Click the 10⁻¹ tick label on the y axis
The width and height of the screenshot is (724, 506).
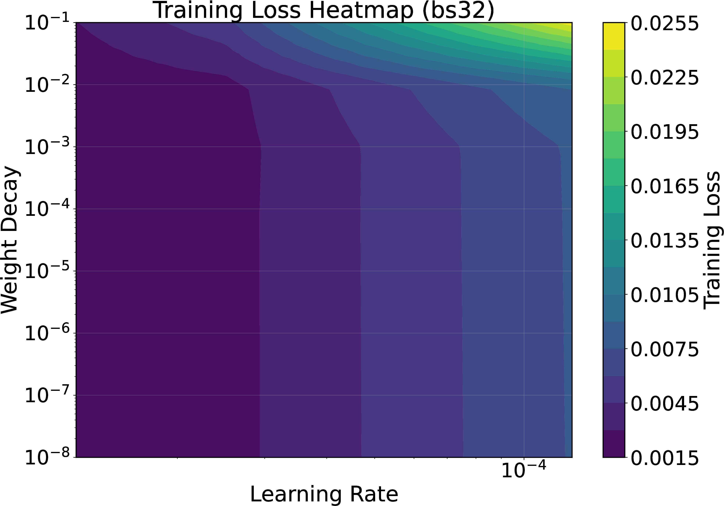(x=48, y=23)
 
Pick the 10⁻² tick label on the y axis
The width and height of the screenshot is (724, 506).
(x=48, y=85)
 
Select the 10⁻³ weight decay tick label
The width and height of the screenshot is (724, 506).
(x=48, y=147)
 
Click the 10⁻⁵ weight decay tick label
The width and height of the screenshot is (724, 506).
(x=48, y=271)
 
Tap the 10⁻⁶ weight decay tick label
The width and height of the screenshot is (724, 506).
(x=48, y=333)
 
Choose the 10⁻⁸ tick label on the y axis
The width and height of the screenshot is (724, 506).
(x=48, y=457)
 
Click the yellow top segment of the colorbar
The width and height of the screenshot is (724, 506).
(x=614, y=36)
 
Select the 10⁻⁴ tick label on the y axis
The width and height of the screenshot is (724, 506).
(x=48, y=209)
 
